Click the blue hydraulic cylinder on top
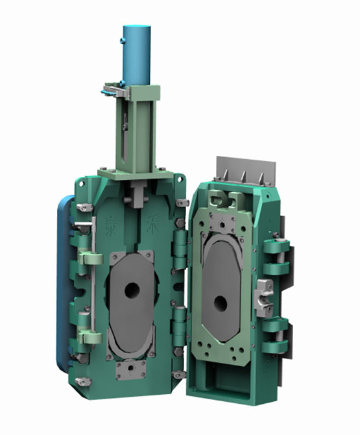click(x=137, y=55)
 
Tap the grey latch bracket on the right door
click(x=265, y=297)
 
